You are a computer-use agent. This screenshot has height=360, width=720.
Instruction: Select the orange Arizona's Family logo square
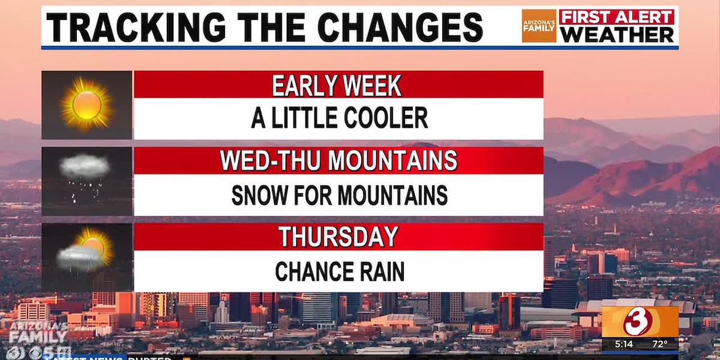click(539, 26)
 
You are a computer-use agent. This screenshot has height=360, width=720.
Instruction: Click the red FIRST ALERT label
click(617, 17)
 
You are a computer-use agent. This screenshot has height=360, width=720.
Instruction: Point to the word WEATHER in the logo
click(617, 34)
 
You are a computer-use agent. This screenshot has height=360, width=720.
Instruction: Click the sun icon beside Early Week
click(87, 105)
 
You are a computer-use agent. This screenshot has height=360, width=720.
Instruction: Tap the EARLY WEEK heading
click(337, 85)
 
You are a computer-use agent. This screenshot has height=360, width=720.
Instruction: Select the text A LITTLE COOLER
click(339, 118)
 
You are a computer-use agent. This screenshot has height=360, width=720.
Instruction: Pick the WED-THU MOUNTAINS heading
click(338, 161)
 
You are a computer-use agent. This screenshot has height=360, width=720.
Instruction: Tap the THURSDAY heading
click(338, 237)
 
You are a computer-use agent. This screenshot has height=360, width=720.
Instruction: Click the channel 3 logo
click(640, 322)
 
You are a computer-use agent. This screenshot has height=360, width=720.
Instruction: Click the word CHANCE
click(308, 271)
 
